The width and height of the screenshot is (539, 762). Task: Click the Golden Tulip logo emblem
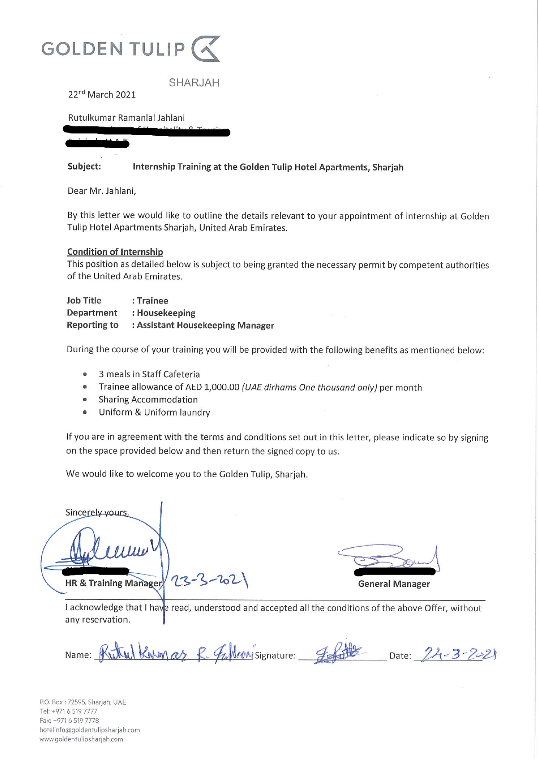[206, 49]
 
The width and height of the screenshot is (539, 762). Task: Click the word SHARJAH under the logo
[194, 83]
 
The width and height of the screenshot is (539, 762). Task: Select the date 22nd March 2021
[102, 95]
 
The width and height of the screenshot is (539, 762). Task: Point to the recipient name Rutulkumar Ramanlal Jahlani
[126, 118]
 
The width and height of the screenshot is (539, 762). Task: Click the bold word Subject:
[84, 166]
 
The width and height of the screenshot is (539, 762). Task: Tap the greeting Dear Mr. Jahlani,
[102, 191]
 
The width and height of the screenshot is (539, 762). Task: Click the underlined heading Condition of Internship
[115, 252]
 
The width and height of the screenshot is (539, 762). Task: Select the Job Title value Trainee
[153, 301]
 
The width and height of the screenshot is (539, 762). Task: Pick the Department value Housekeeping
[166, 313]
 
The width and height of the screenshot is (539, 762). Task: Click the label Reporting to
[93, 325]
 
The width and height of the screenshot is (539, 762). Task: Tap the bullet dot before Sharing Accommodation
[85, 399]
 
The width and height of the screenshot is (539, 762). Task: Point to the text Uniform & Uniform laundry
[154, 413]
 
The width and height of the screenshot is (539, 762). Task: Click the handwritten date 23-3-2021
[210, 580]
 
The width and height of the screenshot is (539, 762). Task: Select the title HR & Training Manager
[113, 583]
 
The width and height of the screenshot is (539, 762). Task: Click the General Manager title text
[394, 584]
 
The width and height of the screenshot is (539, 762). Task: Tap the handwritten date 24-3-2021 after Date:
[456, 654]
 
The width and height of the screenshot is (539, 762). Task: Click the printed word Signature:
[275, 656]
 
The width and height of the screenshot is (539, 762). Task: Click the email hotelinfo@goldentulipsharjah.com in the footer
[90, 730]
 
